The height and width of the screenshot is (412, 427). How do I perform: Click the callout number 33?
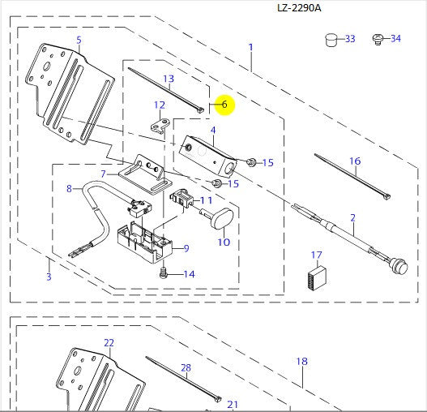(x=350, y=39)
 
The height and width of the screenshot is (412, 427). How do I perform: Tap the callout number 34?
(x=395, y=39)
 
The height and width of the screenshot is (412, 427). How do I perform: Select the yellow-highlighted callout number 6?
(x=224, y=105)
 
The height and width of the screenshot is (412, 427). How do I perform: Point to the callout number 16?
(x=355, y=161)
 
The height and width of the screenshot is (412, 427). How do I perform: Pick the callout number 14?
(x=190, y=274)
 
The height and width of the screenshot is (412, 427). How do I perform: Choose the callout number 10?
(x=224, y=242)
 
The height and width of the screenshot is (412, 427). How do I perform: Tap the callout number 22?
(x=109, y=343)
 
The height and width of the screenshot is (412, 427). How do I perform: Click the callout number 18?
(x=302, y=361)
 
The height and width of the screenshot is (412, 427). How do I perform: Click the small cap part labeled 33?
(x=331, y=38)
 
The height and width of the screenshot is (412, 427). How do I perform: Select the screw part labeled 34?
(x=377, y=38)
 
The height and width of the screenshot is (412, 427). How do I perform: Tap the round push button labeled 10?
(x=222, y=217)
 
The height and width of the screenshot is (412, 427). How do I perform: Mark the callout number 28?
(x=186, y=368)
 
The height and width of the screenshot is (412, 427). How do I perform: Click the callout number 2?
(x=353, y=217)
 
